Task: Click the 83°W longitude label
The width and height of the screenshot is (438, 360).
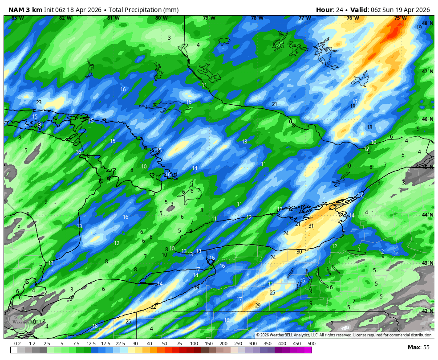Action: coord(17,18)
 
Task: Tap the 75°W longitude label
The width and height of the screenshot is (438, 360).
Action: coord(400,18)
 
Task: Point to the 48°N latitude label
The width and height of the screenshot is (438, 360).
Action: coord(427,23)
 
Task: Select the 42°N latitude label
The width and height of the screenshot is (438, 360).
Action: coord(427,311)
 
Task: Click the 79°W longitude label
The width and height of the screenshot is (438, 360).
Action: coord(209,18)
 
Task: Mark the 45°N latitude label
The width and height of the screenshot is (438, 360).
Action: coord(427,167)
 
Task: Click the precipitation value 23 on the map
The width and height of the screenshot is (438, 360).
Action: coord(39,102)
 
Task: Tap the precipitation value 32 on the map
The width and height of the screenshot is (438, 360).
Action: coord(153,307)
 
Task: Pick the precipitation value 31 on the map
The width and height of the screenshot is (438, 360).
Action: coord(311,226)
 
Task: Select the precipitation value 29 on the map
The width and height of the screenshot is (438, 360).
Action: coord(258,306)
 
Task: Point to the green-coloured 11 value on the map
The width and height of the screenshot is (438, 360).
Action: coord(271,283)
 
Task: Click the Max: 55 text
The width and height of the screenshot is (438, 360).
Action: coord(418,348)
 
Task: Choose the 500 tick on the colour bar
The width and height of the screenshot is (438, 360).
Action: coord(311,344)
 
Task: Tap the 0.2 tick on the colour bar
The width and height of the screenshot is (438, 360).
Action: coord(17,344)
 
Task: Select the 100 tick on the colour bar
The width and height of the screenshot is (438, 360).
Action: coord(194,344)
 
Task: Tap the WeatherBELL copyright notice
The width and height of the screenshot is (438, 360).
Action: coord(344,335)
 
